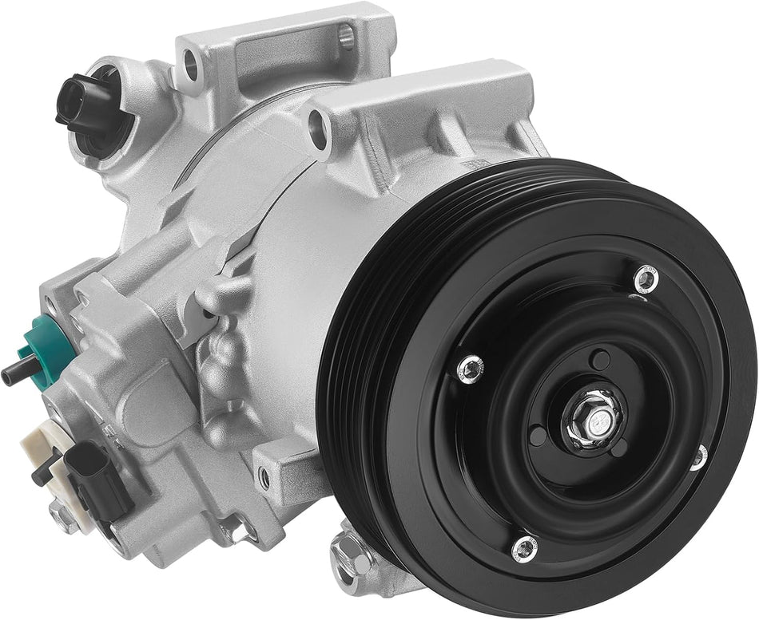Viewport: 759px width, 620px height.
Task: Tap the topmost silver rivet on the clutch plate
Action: click(x=646, y=278)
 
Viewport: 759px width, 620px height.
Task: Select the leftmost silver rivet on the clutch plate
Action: click(x=471, y=367)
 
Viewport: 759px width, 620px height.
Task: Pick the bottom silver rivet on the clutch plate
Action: click(x=524, y=547)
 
